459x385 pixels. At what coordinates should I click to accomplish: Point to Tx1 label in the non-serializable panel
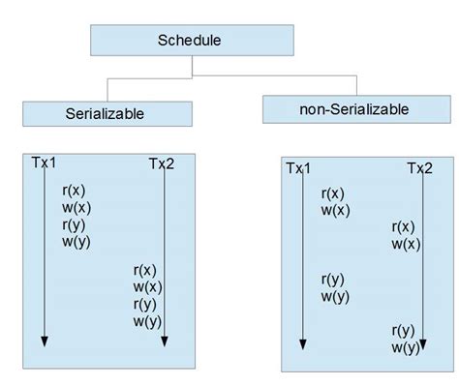(x=298, y=169)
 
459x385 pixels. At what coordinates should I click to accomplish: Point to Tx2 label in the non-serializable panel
(x=419, y=169)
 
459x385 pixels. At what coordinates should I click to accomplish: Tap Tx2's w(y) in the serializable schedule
(x=147, y=321)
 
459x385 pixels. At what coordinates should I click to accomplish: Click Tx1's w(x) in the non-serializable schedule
(x=336, y=210)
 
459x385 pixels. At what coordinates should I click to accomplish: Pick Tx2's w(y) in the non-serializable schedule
(x=407, y=347)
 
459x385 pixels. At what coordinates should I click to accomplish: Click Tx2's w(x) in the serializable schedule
(x=147, y=286)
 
